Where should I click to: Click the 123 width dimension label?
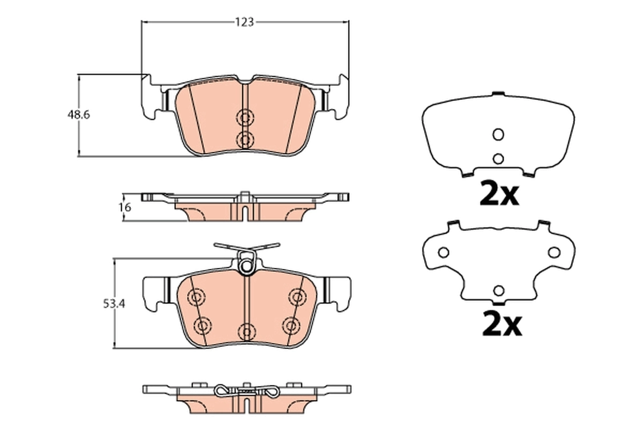(x=244, y=22)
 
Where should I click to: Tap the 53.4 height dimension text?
(x=114, y=304)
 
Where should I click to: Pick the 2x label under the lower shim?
(x=501, y=324)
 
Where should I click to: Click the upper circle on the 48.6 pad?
(x=245, y=117)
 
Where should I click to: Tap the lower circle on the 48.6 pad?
(x=245, y=139)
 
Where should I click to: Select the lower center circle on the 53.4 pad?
(x=246, y=330)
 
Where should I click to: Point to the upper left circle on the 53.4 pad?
(x=197, y=296)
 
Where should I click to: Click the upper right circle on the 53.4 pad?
(x=296, y=295)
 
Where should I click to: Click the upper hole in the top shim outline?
(x=498, y=135)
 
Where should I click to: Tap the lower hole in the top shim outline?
(x=498, y=158)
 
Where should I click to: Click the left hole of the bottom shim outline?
(x=443, y=252)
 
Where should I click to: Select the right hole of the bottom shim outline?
(x=554, y=252)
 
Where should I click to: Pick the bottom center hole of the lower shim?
(x=498, y=291)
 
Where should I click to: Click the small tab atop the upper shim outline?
(x=498, y=94)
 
